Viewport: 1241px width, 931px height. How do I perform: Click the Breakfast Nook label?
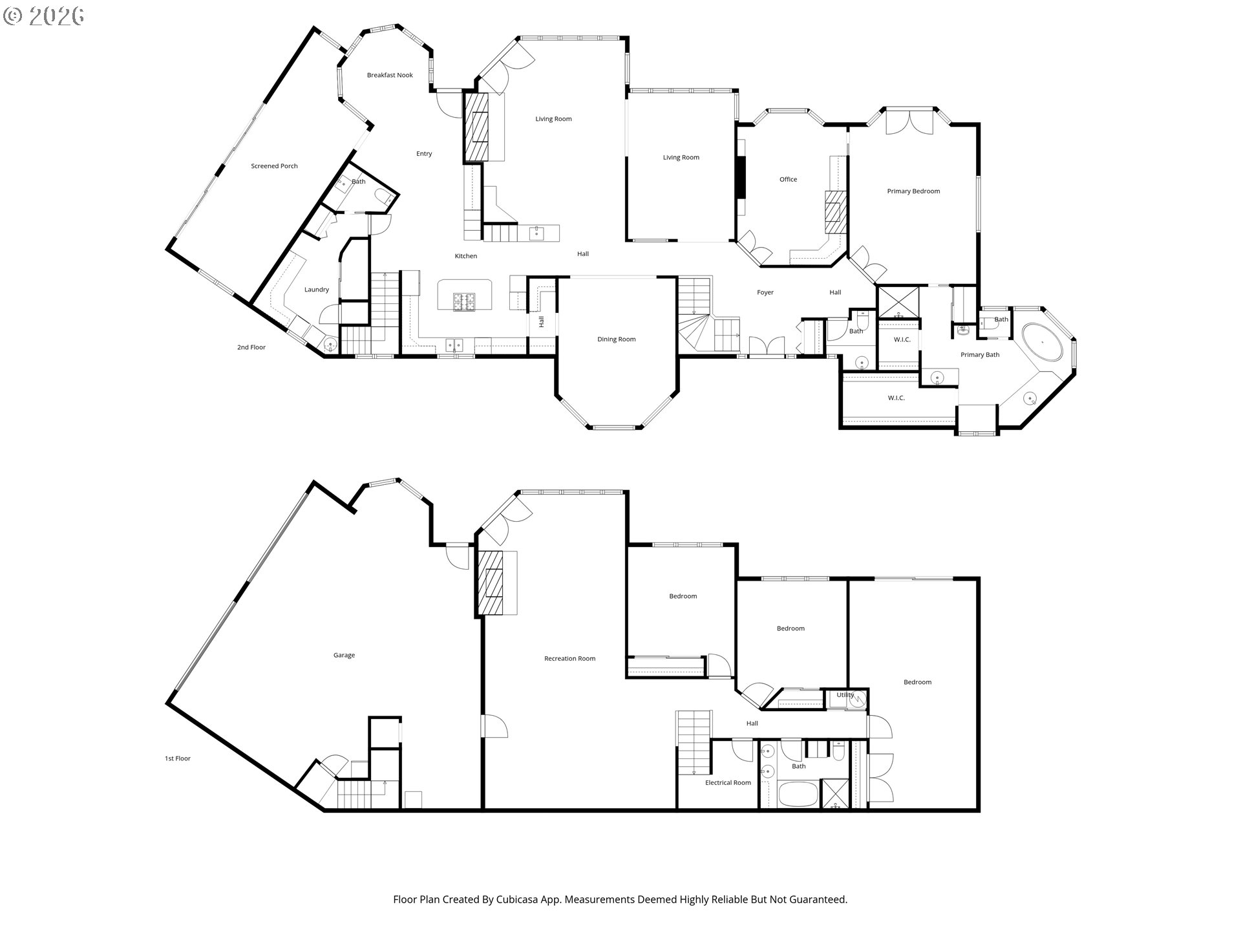[x=390, y=75]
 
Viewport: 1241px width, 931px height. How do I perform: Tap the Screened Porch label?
[x=274, y=166]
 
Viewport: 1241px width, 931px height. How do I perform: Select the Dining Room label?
[x=616, y=339]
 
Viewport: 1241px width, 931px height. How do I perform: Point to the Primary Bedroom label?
[x=913, y=191]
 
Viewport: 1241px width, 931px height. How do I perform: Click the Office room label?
[x=788, y=180]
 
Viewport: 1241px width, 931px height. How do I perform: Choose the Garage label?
[x=344, y=656]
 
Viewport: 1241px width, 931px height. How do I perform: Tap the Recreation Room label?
[x=569, y=659]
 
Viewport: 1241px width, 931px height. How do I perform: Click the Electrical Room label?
[x=728, y=783]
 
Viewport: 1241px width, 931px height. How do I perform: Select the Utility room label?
[x=845, y=695]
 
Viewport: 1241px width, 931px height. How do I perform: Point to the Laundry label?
[x=317, y=290]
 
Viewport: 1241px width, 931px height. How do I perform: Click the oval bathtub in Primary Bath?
[x=1043, y=341]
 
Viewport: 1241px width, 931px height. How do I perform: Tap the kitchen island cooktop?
[x=463, y=302]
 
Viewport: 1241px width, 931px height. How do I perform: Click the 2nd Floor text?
[x=251, y=347]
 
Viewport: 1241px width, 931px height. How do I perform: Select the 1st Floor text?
[x=177, y=758]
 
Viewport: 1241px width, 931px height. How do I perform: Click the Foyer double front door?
[x=767, y=346]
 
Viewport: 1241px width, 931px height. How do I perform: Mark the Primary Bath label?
[x=980, y=355]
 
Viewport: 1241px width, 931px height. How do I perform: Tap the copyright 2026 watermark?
[x=44, y=16]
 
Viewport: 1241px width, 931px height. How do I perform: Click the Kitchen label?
[x=465, y=256]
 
